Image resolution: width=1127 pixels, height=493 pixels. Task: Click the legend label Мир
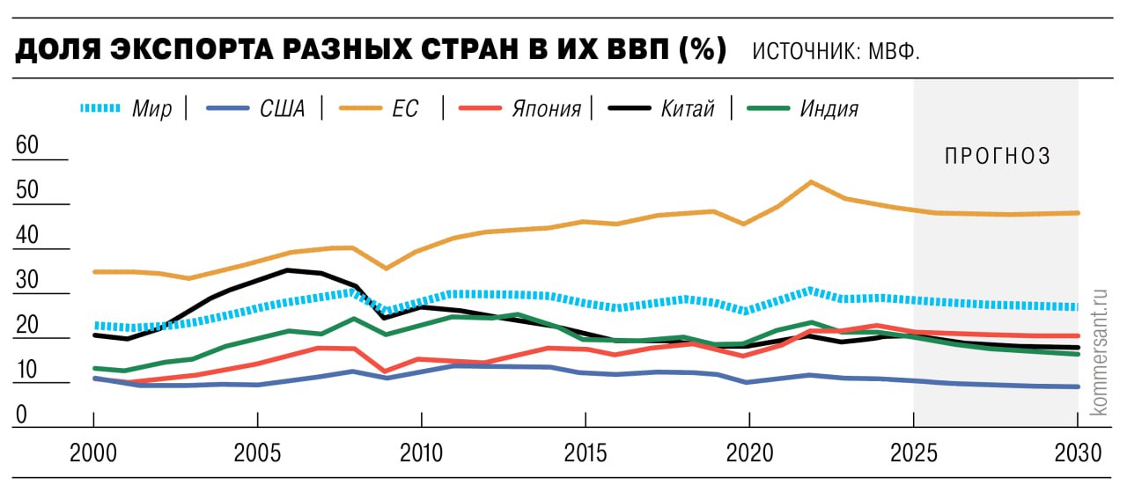[x=151, y=109]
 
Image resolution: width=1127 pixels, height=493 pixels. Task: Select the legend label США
[x=283, y=109]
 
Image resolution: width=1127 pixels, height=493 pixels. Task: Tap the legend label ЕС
[x=406, y=109]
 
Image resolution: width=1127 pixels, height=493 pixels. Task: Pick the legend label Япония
[x=546, y=109]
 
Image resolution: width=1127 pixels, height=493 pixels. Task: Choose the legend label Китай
[x=687, y=109]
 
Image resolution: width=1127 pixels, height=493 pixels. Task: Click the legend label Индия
[x=829, y=109]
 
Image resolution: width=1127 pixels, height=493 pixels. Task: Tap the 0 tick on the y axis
[x=21, y=415]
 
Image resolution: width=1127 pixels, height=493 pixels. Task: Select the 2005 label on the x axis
[x=256, y=453]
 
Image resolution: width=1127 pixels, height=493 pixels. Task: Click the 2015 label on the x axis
[x=585, y=453]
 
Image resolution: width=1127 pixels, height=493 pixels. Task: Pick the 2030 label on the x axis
[x=1077, y=453]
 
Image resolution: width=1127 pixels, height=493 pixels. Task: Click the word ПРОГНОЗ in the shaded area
[x=998, y=157]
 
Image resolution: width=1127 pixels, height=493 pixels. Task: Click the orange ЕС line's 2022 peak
[x=811, y=182]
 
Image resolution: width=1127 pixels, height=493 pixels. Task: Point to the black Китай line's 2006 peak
[x=288, y=269]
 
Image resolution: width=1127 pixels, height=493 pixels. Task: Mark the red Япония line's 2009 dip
[x=385, y=371]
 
